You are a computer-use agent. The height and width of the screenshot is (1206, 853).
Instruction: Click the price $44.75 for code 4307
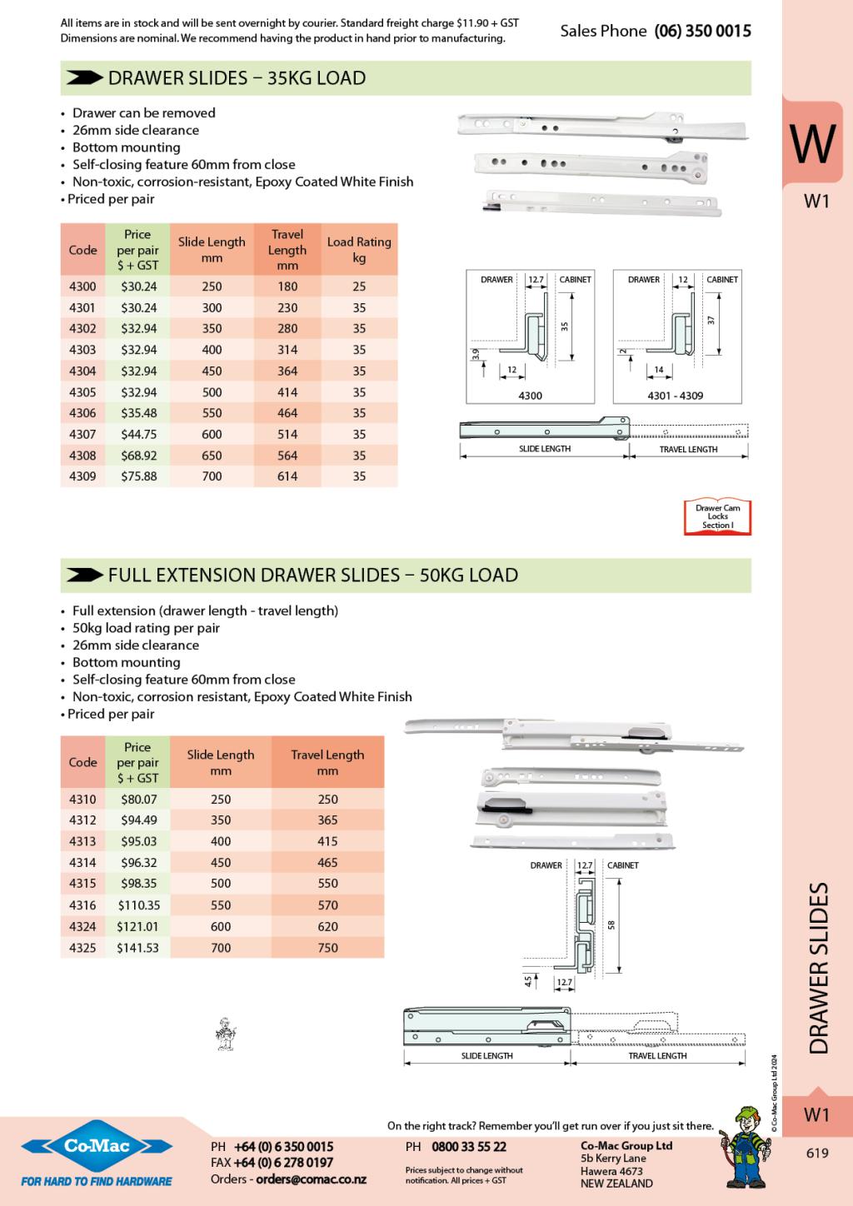coord(138,434)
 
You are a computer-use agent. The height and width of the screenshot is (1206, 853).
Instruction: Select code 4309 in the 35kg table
coord(82,476)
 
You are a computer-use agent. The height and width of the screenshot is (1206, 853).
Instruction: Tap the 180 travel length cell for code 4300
coord(287,287)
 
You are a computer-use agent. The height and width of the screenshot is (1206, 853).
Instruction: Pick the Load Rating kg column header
coord(359,249)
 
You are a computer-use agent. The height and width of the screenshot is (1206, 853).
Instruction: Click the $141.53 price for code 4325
coord(137,948)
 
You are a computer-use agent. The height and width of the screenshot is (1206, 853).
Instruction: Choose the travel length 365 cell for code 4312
coord(327,820)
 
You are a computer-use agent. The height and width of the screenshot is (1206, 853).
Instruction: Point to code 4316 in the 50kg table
coord(82,905)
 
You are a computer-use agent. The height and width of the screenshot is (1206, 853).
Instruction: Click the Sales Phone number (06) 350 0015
coord(702,31)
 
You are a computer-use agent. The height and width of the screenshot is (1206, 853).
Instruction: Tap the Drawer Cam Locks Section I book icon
coord(717,516)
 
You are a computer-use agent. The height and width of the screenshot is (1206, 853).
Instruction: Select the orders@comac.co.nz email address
coord(311,1179)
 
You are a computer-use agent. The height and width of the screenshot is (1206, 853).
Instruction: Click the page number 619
coord(817,1154)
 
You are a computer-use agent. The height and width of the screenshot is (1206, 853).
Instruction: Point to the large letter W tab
coord(812,143)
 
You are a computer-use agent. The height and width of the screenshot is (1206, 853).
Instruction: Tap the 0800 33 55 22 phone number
coord(468,1147)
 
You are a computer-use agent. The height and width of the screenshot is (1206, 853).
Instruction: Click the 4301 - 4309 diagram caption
coord(675,396)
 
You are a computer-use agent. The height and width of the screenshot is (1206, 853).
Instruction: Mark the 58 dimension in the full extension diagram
coord(611,924)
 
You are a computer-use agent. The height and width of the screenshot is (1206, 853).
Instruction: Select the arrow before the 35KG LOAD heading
coord(84,78)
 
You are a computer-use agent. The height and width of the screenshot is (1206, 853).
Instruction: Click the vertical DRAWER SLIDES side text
coord(819,969)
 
